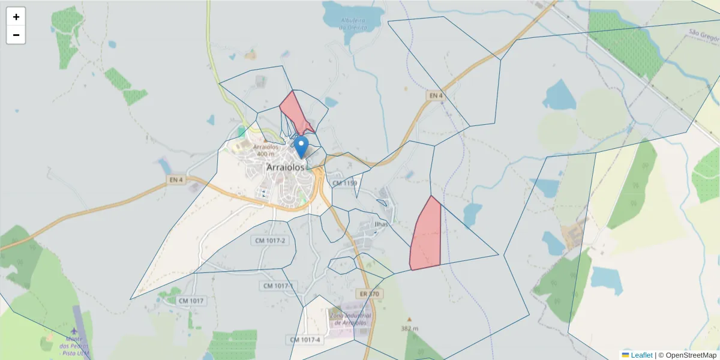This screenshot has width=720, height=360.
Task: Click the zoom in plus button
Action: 16,17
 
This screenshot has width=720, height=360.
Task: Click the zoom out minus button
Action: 16,35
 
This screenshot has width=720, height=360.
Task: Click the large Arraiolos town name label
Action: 286,167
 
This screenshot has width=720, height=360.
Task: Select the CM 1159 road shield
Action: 344,183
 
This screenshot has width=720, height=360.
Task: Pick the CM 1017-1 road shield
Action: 278,286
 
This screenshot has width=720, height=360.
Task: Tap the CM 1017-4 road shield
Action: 306,340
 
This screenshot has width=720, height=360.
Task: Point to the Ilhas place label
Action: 381,224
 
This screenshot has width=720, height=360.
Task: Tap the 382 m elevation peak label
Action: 410,328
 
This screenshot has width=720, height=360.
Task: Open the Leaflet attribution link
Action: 641,355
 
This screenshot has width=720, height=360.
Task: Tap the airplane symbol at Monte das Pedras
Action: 74,331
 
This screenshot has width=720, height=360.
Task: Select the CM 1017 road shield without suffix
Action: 191,301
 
